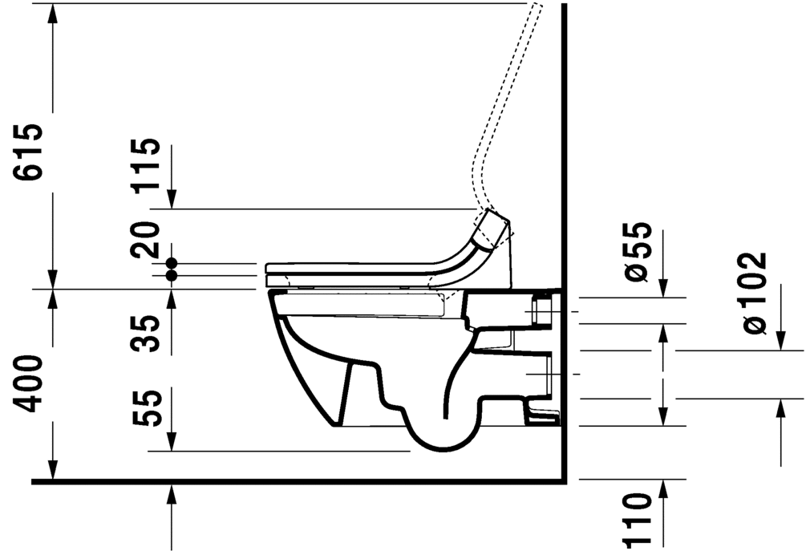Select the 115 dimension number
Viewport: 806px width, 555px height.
click(147, 165)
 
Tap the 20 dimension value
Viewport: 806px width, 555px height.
click(147, 239)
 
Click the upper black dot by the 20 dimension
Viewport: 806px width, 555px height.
click(171, 263)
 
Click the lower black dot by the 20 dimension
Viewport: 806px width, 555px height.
click(171, 275)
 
